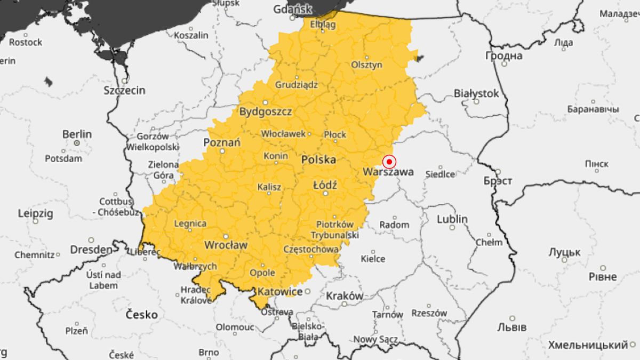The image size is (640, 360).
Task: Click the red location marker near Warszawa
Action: (389, 162)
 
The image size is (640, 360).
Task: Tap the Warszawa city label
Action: (388, 172)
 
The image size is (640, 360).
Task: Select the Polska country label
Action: (318, 159)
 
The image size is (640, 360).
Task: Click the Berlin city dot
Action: (77, 143)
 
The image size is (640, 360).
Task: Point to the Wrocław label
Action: (226, 245)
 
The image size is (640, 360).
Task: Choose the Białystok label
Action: (476, 93)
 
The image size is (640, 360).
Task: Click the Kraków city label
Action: (345, 295)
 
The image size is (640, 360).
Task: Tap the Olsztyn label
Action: (366, 65)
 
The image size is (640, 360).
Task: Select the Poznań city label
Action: (222, 142)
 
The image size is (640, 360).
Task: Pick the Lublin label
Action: (452, 219)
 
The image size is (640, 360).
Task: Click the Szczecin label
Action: (124, 90)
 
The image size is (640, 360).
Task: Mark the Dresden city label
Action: (91, 249)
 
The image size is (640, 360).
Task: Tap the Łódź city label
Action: (325, 184)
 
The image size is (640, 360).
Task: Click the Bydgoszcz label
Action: (265, 112)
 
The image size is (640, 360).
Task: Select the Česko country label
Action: (141, 315)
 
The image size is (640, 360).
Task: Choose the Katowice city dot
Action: (307, 291)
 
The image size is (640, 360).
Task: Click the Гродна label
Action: (503, 55)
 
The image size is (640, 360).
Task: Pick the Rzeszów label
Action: (429, 313)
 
